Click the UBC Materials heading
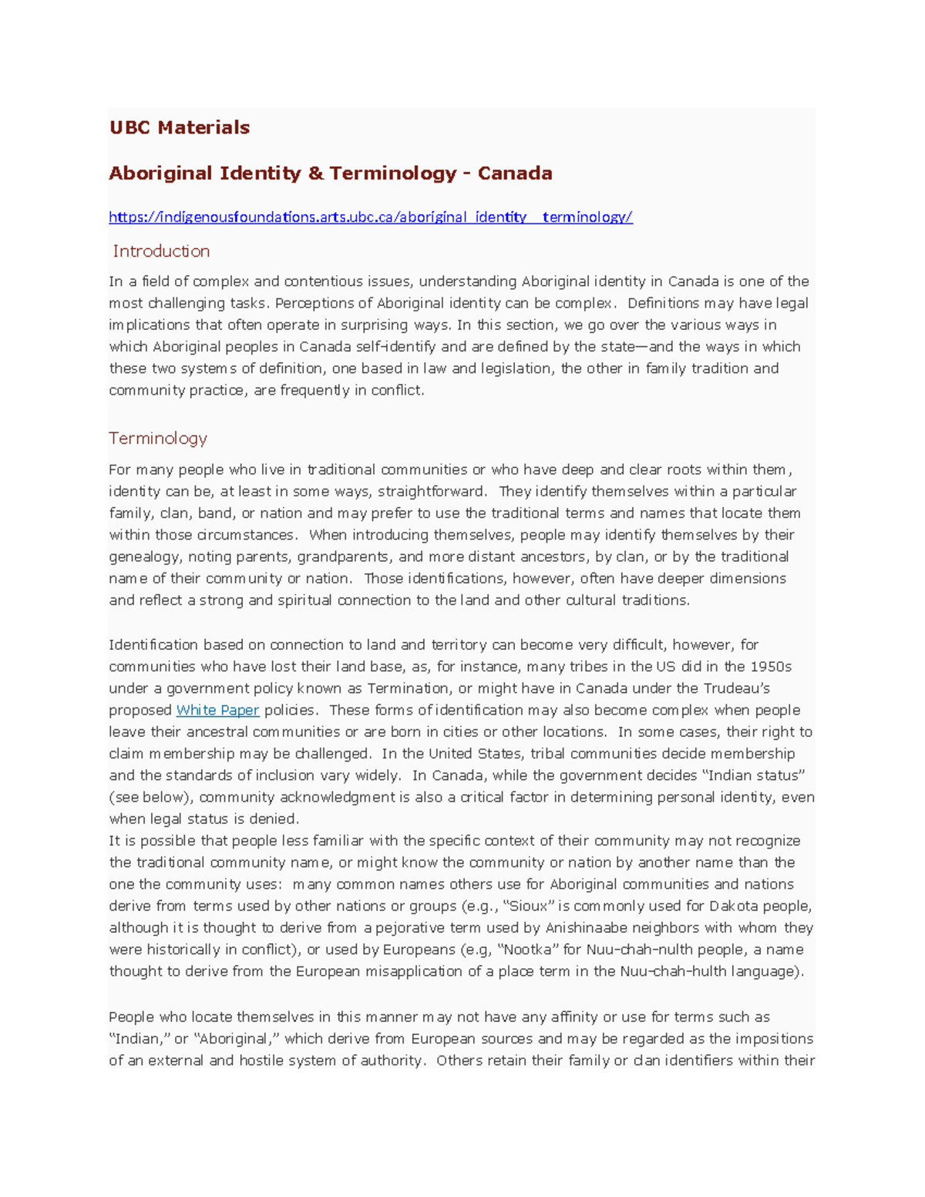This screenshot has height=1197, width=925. (x=179, y=127)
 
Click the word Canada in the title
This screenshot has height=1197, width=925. (x=514, y=173)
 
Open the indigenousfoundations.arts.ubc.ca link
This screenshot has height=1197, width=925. (x=370, y=217)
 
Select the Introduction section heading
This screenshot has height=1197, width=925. (x=161, y=251)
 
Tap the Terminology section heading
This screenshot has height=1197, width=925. (x=158, y=439)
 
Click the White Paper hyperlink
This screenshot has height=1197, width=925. (x=217, y=711)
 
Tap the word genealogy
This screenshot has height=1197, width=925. (x=145, y=556)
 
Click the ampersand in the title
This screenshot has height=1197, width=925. (x=315, y=173)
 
